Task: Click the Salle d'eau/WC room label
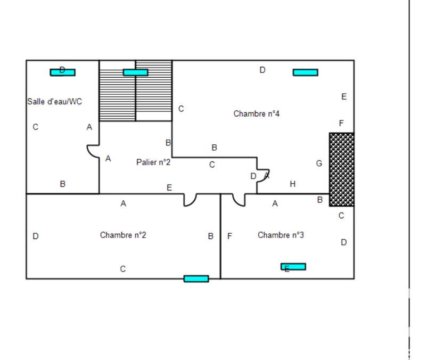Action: pyautogui.click(x=55, y=101)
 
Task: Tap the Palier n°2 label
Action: pyautogui.click(x=153, y=162)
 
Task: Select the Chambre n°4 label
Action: pyautogui.click(x=257, y=113)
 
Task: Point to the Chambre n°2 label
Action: pyautogui.click(x=123, y=235)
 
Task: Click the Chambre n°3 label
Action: pyautogui.click(x=281, y=235)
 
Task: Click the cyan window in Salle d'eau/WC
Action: pyautogui.click(x=63, y=72)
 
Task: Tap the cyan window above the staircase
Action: pyautogui.click(x=135, y=72)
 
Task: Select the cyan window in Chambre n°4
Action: pyautogui.click(x=305, y=72)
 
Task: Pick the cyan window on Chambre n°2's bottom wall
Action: pyautogui.click(x=196, y=279)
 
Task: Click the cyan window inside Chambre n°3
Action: pyautogui.click(x=293, y=266)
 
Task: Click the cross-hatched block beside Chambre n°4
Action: pyautogui.click(x=341, y=169)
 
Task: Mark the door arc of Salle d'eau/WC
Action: pyautogui.click(x=94, y=151)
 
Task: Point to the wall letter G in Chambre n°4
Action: pyautogui.click(x=319, y=163)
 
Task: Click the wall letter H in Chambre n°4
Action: pyautogui.click(x=292, y=184)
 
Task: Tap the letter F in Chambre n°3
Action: pyautogui.click(x=230, y=236)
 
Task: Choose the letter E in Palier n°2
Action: pyautogui.click(x=169, y=187)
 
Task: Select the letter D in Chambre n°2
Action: pyautogui.click(x=36, y=236)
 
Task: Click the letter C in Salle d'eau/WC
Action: pyautogui.click(x=35, y=127)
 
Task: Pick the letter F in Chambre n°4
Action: pyautogui.click(x=341, y=124)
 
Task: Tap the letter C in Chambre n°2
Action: pyautogui.click(x=122, y=269)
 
